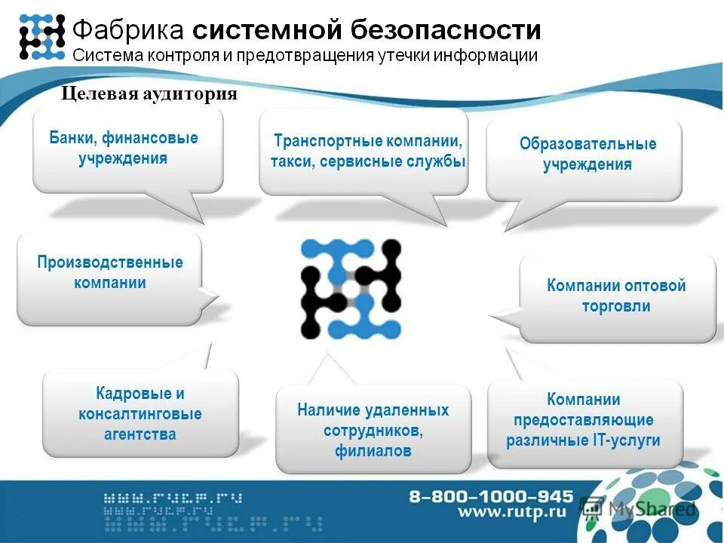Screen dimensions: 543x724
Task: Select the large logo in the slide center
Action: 351,289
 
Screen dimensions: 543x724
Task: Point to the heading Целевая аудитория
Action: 149,94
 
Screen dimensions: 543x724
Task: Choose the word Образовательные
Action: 587,144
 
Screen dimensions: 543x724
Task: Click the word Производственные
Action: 110,262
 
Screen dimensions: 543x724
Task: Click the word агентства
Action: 140,434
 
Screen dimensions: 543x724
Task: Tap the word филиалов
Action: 373,452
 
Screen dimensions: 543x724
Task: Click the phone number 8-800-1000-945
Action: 491,496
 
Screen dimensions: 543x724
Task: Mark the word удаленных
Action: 406,410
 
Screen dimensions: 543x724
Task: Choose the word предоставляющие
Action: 584,420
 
